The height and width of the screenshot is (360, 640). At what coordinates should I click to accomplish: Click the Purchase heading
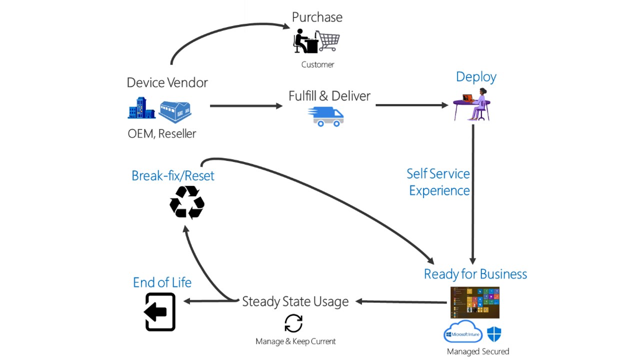(317, 17)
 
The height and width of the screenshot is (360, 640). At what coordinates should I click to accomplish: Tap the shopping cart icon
(329, 41)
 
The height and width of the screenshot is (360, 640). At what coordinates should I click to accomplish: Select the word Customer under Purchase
(317, 64)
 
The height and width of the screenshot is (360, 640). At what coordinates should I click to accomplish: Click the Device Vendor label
(167, 82)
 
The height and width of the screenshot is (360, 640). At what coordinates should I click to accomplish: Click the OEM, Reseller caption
(162, 133)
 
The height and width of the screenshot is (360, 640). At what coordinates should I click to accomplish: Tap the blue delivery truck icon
(326, 116)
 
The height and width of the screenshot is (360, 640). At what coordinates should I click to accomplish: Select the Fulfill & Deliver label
(329, 95)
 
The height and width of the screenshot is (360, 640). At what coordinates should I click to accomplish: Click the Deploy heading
(476, 77)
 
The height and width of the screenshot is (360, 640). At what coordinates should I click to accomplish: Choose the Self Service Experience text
(438, 182)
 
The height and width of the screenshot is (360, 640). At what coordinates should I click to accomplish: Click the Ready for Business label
(475, 274)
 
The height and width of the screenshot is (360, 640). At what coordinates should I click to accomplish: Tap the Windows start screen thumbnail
(475, 302)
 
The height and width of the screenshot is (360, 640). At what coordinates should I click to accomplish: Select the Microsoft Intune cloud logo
(463, 332)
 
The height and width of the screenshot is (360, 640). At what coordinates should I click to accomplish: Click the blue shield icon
(494, 333)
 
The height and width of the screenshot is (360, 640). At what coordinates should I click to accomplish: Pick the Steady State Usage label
(295, 301)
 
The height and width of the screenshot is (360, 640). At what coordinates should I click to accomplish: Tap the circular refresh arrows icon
(293, 323)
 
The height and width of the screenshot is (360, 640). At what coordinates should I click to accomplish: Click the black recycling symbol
(187, 202)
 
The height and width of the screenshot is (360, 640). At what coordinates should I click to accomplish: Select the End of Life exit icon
(160, 312)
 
